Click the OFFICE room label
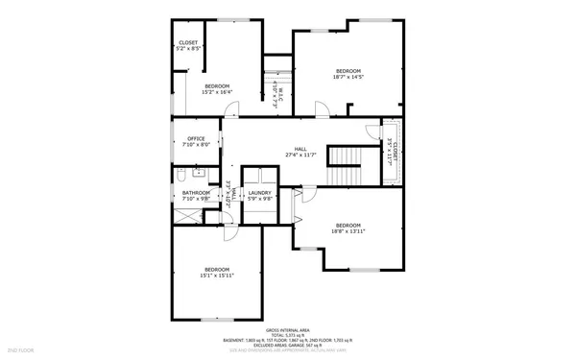tap(196, 138)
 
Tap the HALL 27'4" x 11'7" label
tap(300, 152)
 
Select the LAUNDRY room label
tap(259, 193)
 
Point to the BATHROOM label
tap(196, 193)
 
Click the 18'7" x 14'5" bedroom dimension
tap(348, 78)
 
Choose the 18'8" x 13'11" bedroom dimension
tap(348, 230)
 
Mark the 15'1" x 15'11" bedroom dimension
tap(216, 275)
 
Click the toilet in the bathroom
tap(180, 175)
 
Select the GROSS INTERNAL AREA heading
tap(287, 329)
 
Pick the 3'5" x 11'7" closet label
tap(391, 152)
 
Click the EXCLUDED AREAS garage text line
tap(287, 345)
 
